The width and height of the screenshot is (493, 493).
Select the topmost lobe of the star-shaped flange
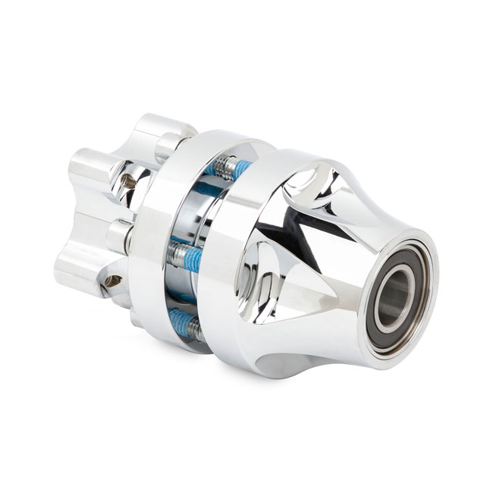(x=162, y=129)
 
